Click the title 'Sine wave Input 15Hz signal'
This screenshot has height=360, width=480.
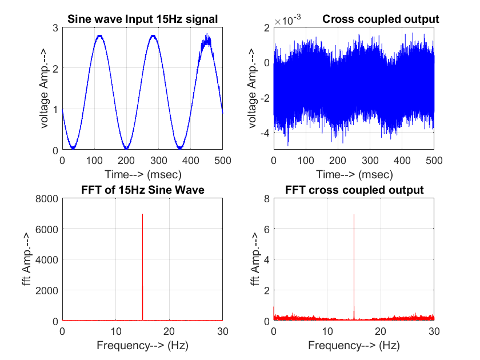pos(142,19)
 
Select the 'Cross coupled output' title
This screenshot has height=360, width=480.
pos(381,19)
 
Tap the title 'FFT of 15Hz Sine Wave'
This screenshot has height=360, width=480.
pos(142,190)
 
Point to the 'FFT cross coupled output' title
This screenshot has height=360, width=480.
pos(354,190)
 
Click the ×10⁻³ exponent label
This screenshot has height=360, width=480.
pos(287,21)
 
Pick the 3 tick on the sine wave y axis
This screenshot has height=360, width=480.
pos(55,27)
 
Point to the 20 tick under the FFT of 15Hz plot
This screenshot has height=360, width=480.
pos(169,331)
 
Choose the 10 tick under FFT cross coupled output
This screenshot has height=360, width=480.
pos(327,331)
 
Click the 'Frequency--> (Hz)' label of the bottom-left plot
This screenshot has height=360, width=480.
pos(142,345)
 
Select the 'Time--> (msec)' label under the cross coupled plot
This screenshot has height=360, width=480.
pos(354,174)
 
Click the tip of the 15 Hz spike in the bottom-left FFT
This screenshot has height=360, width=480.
pos(142,214)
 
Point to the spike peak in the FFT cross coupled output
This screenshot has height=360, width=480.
pos(354,215)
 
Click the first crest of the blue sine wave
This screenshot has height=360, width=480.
pos(99,36)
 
